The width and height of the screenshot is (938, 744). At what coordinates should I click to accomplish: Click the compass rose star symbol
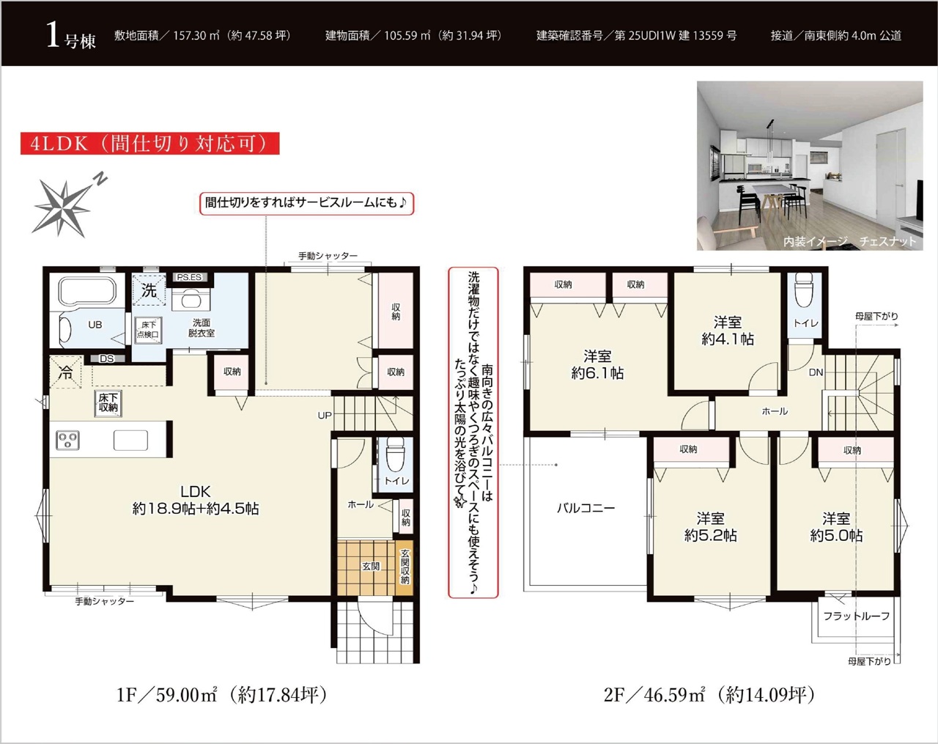point(64,208)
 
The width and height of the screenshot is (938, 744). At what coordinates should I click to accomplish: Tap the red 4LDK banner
point(149,144)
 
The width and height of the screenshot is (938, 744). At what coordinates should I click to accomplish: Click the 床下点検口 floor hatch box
point(148,330)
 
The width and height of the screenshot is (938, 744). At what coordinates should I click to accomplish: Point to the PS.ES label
point(189,277)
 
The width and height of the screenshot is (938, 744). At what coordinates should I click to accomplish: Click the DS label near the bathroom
point(107,358)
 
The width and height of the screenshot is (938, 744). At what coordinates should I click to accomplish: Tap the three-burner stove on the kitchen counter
point(67,440)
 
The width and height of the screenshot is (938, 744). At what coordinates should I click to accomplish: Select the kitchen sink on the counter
point(130,441)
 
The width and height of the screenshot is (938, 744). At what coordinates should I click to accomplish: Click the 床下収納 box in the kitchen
point(108,403)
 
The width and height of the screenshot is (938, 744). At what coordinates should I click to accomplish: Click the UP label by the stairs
point(325,416)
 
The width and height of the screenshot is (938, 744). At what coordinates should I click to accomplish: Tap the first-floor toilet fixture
point(396,455)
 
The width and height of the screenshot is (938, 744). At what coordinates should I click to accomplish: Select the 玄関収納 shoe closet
point(405,567)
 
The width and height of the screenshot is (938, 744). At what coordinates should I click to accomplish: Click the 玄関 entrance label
point(371,566)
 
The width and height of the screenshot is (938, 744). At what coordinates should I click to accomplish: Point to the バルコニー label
point(586,508)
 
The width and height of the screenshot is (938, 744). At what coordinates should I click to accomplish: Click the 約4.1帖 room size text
point(728,339)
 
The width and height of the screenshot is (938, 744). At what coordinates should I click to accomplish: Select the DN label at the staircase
point(816,372)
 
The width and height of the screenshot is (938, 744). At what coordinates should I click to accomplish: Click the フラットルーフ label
point(856,616)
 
